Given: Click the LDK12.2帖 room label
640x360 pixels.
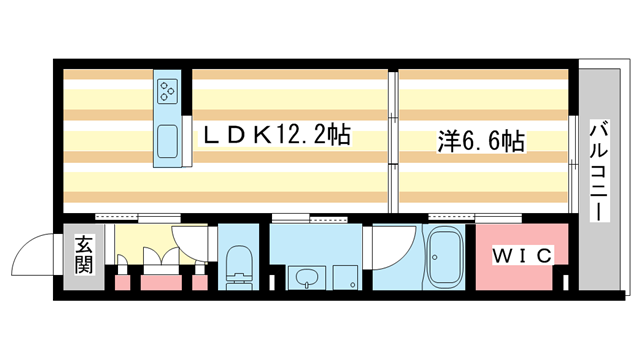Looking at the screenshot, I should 277,136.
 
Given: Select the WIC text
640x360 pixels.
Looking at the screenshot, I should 521,256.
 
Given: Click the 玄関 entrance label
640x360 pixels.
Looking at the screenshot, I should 83,255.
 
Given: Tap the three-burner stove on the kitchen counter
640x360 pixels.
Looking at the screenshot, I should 167,92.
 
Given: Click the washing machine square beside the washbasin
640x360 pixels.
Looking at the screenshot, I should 345,275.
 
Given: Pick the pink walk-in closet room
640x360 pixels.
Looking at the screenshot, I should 521,256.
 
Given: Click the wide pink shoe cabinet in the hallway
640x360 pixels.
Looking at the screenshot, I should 160,281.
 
